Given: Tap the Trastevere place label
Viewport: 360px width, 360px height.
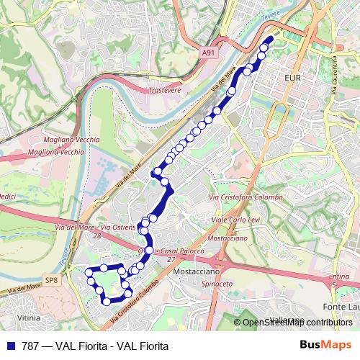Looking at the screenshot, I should [163, 91].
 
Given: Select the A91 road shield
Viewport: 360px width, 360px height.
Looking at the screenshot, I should [208, 53].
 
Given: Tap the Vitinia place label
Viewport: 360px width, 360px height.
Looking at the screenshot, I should [29, 317].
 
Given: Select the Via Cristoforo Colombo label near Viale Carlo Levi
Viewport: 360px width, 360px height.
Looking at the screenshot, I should [244, 197].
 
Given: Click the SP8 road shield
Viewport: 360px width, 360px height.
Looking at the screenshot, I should [50, 279].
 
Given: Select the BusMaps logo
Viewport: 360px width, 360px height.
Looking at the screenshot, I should [326, 345].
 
